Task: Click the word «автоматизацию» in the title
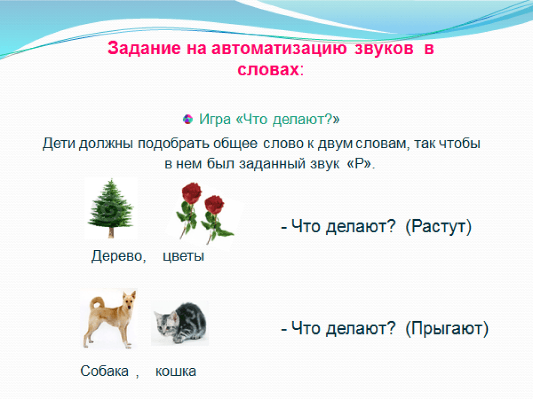pos(279,48)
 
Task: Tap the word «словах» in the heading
pos(268,70)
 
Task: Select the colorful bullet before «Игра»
pos(188,119)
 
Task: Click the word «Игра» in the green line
pos(215,119)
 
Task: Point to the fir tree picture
pos(111,208)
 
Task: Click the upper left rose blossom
pos(192,192)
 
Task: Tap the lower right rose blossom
pos(214,205)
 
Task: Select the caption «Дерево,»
pos(119,256)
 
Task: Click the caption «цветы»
pos(184,256)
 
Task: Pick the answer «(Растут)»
pos(438,227)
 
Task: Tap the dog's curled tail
pos(97,302)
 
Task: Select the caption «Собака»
pos(105,371)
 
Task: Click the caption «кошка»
pos(176,371)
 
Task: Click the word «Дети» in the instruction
pos(58,143)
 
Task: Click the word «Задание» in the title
pos(144,48)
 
